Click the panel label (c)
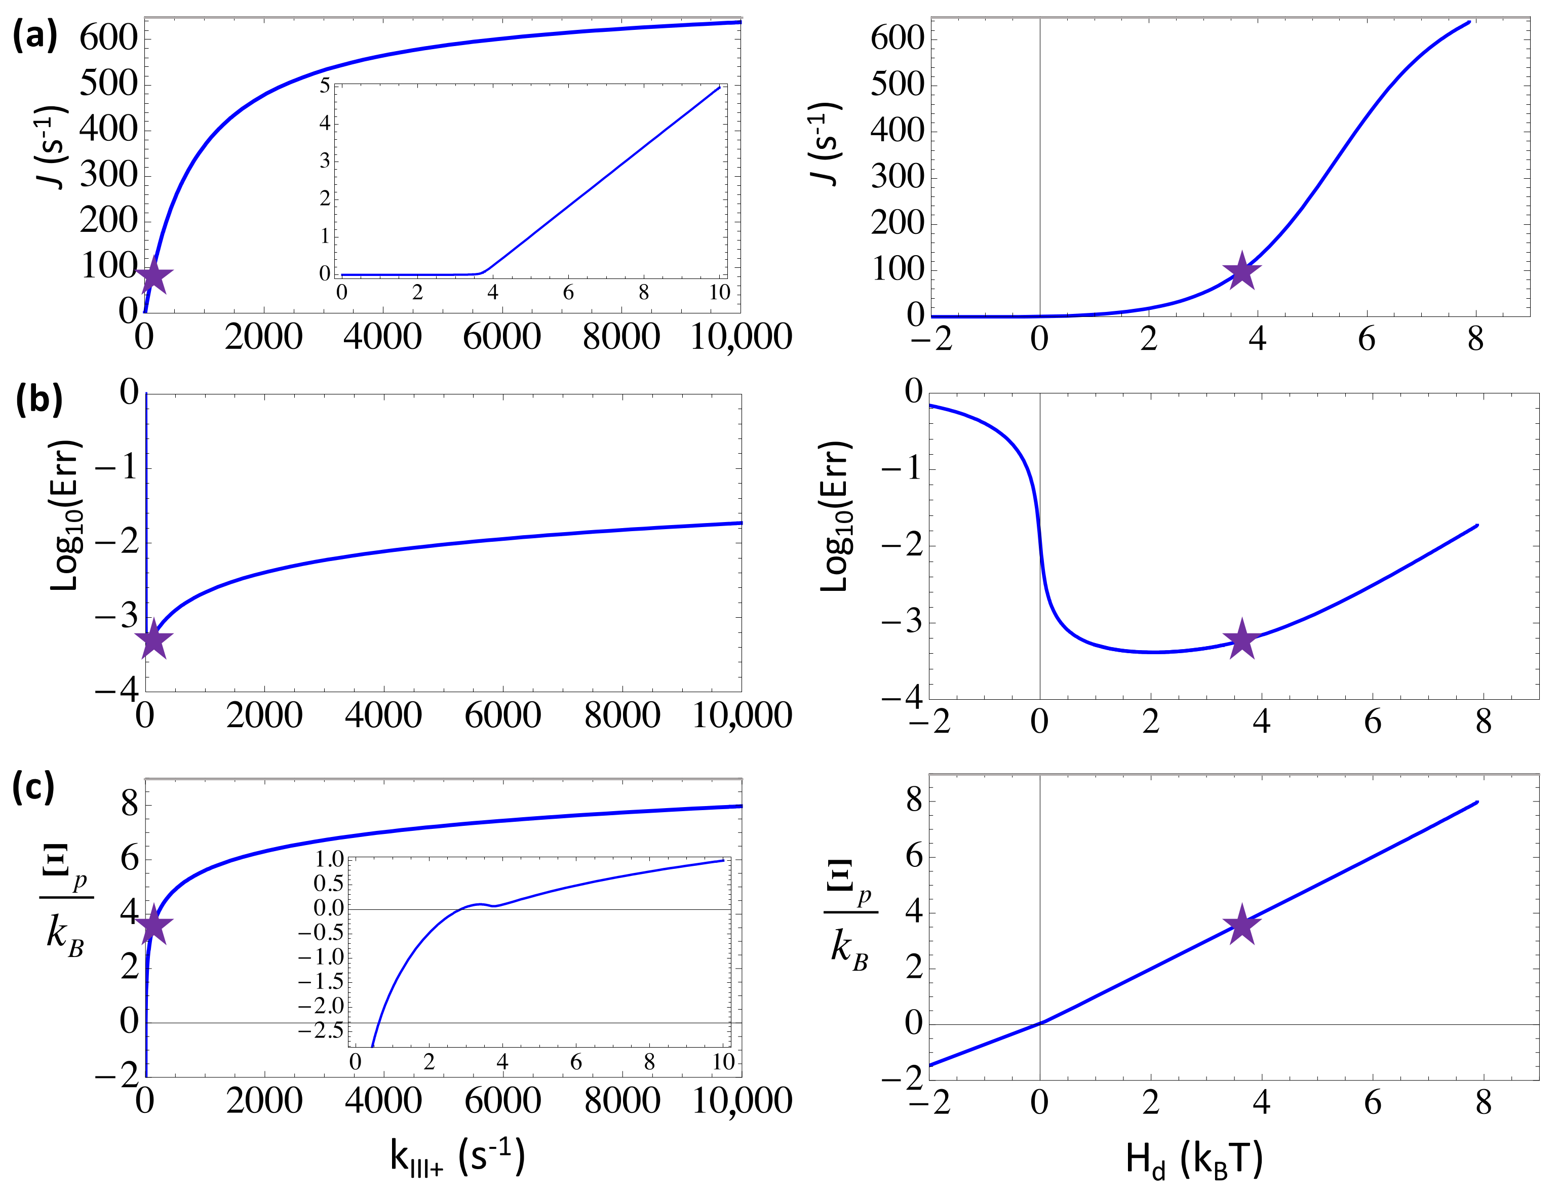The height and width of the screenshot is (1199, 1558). pyautogui.click(x=33, y=788)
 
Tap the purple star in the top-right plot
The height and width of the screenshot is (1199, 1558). pyautogui.click(x=1242, y=271)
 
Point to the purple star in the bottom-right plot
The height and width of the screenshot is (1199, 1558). pyautogui.click(x=1242, y=926)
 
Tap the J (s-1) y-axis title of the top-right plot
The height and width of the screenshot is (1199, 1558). pyautogui.click(x=827, y=145)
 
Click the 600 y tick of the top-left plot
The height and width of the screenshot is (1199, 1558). pyautogui.click(x=108, y=37)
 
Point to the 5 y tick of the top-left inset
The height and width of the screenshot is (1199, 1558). pyautogui.click(x=325, y=86)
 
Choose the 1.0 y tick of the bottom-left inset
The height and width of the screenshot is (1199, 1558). pyautogui.click(x=329, y=859)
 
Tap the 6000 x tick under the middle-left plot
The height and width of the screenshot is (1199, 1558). pyautogui.click(x=502, y=715)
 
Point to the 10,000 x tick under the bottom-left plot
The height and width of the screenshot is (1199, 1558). pyautogui.click(x=742, y=1101)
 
